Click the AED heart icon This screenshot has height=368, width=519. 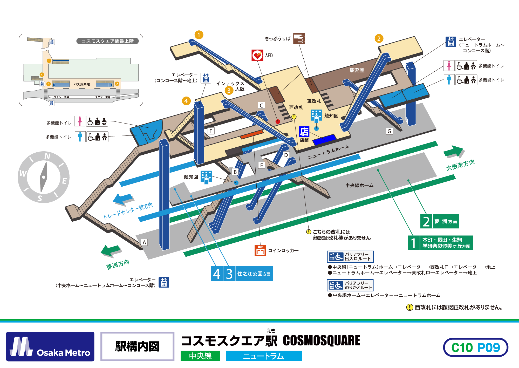[257, 55]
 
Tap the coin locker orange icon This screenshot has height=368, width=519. [260, 250]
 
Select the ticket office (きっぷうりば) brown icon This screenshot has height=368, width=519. [299, 39]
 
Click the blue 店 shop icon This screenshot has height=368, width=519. [304, 132]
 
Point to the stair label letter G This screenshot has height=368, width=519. [389, 131]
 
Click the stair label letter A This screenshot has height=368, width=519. [144, 242]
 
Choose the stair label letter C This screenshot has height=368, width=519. [261, 105]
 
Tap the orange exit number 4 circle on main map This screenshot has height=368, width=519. [186, 101]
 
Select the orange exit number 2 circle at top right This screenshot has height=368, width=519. [379, 39]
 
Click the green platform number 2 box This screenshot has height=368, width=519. [426, 221]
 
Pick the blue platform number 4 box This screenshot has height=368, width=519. [217, 274]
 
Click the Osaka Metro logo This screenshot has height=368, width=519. [50, 346]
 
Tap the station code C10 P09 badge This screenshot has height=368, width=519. [475, 347]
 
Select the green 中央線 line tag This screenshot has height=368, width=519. [200, 356]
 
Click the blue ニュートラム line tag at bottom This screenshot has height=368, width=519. [264, 356]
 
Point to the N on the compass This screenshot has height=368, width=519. [47, 156]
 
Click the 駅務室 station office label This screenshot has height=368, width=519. [357, 70]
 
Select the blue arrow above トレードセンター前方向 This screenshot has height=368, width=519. [123, 199]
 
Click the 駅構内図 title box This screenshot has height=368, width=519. [137, 346]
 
